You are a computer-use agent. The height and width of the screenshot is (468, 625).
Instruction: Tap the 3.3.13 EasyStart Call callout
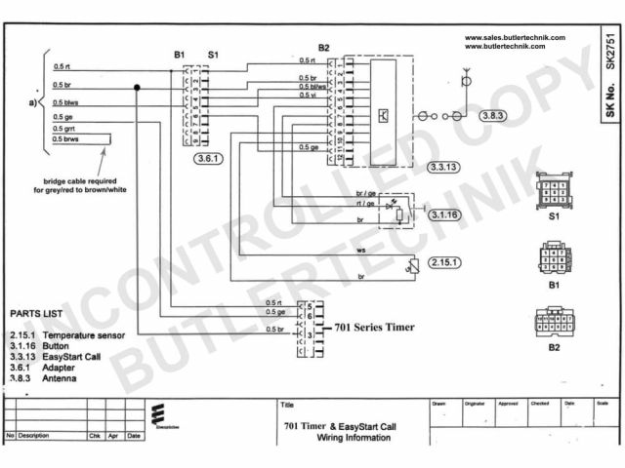pyautogui.click(x=446, y=168)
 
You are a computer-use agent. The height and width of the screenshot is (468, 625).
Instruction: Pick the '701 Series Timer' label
pyautogui.click(x=375, y=328)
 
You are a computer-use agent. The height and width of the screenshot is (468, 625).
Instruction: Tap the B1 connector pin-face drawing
pyautogui.click(x=554, y=261)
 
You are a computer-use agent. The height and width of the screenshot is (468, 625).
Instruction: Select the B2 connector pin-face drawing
pyautogui.click(x=554, y=321)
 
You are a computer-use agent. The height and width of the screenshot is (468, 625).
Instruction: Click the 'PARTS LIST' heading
pyautogui.click(x=37, y=315)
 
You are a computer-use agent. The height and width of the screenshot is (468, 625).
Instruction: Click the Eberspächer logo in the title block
pyautogui.click(x=160, y=415)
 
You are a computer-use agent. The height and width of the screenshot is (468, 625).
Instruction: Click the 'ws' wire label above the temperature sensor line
pyautogui.click(x=360, y=250)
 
